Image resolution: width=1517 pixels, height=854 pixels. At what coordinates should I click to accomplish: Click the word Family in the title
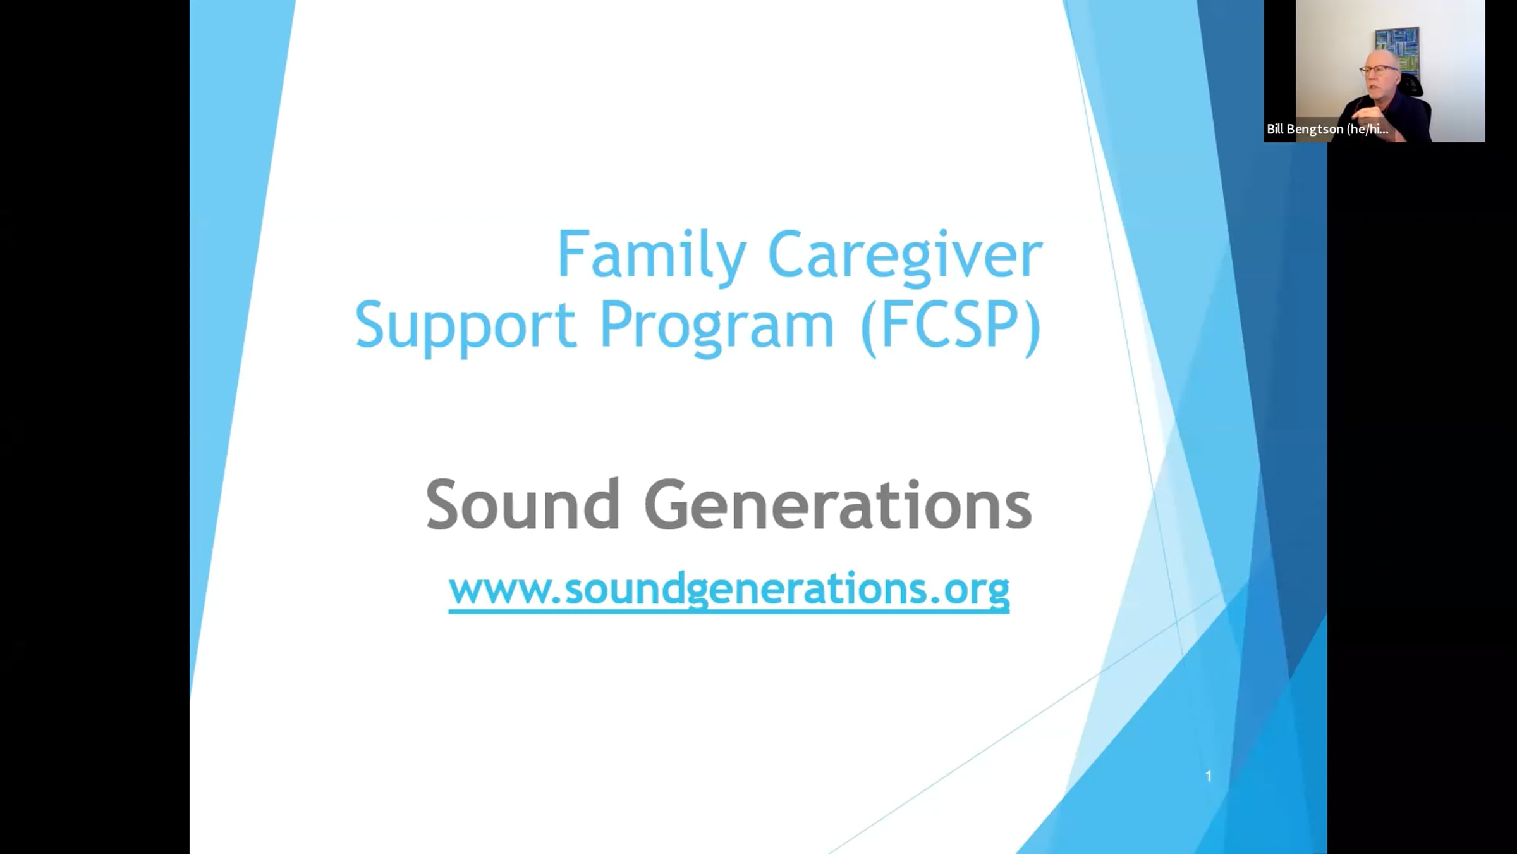coord(652,256)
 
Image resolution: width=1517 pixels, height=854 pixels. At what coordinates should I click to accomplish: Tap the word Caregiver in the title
coord(905,256)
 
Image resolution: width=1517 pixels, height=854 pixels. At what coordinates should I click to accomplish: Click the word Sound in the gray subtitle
coord(523,504)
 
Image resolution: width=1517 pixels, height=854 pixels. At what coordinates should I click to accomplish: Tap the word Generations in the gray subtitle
coord(838,504)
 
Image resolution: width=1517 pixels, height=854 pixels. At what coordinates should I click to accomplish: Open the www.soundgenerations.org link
coord(729,590)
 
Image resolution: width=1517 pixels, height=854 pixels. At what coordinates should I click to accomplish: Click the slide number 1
coord(1209,776)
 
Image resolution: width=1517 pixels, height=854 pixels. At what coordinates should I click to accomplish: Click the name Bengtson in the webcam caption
coord(1315,130)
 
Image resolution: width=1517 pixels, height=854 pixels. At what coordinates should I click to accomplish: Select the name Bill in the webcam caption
coord(1275,128)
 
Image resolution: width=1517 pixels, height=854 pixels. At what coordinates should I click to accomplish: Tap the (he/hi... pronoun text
coord(1368,129)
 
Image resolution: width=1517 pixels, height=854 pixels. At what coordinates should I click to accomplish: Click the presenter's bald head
coord(1380,58)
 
